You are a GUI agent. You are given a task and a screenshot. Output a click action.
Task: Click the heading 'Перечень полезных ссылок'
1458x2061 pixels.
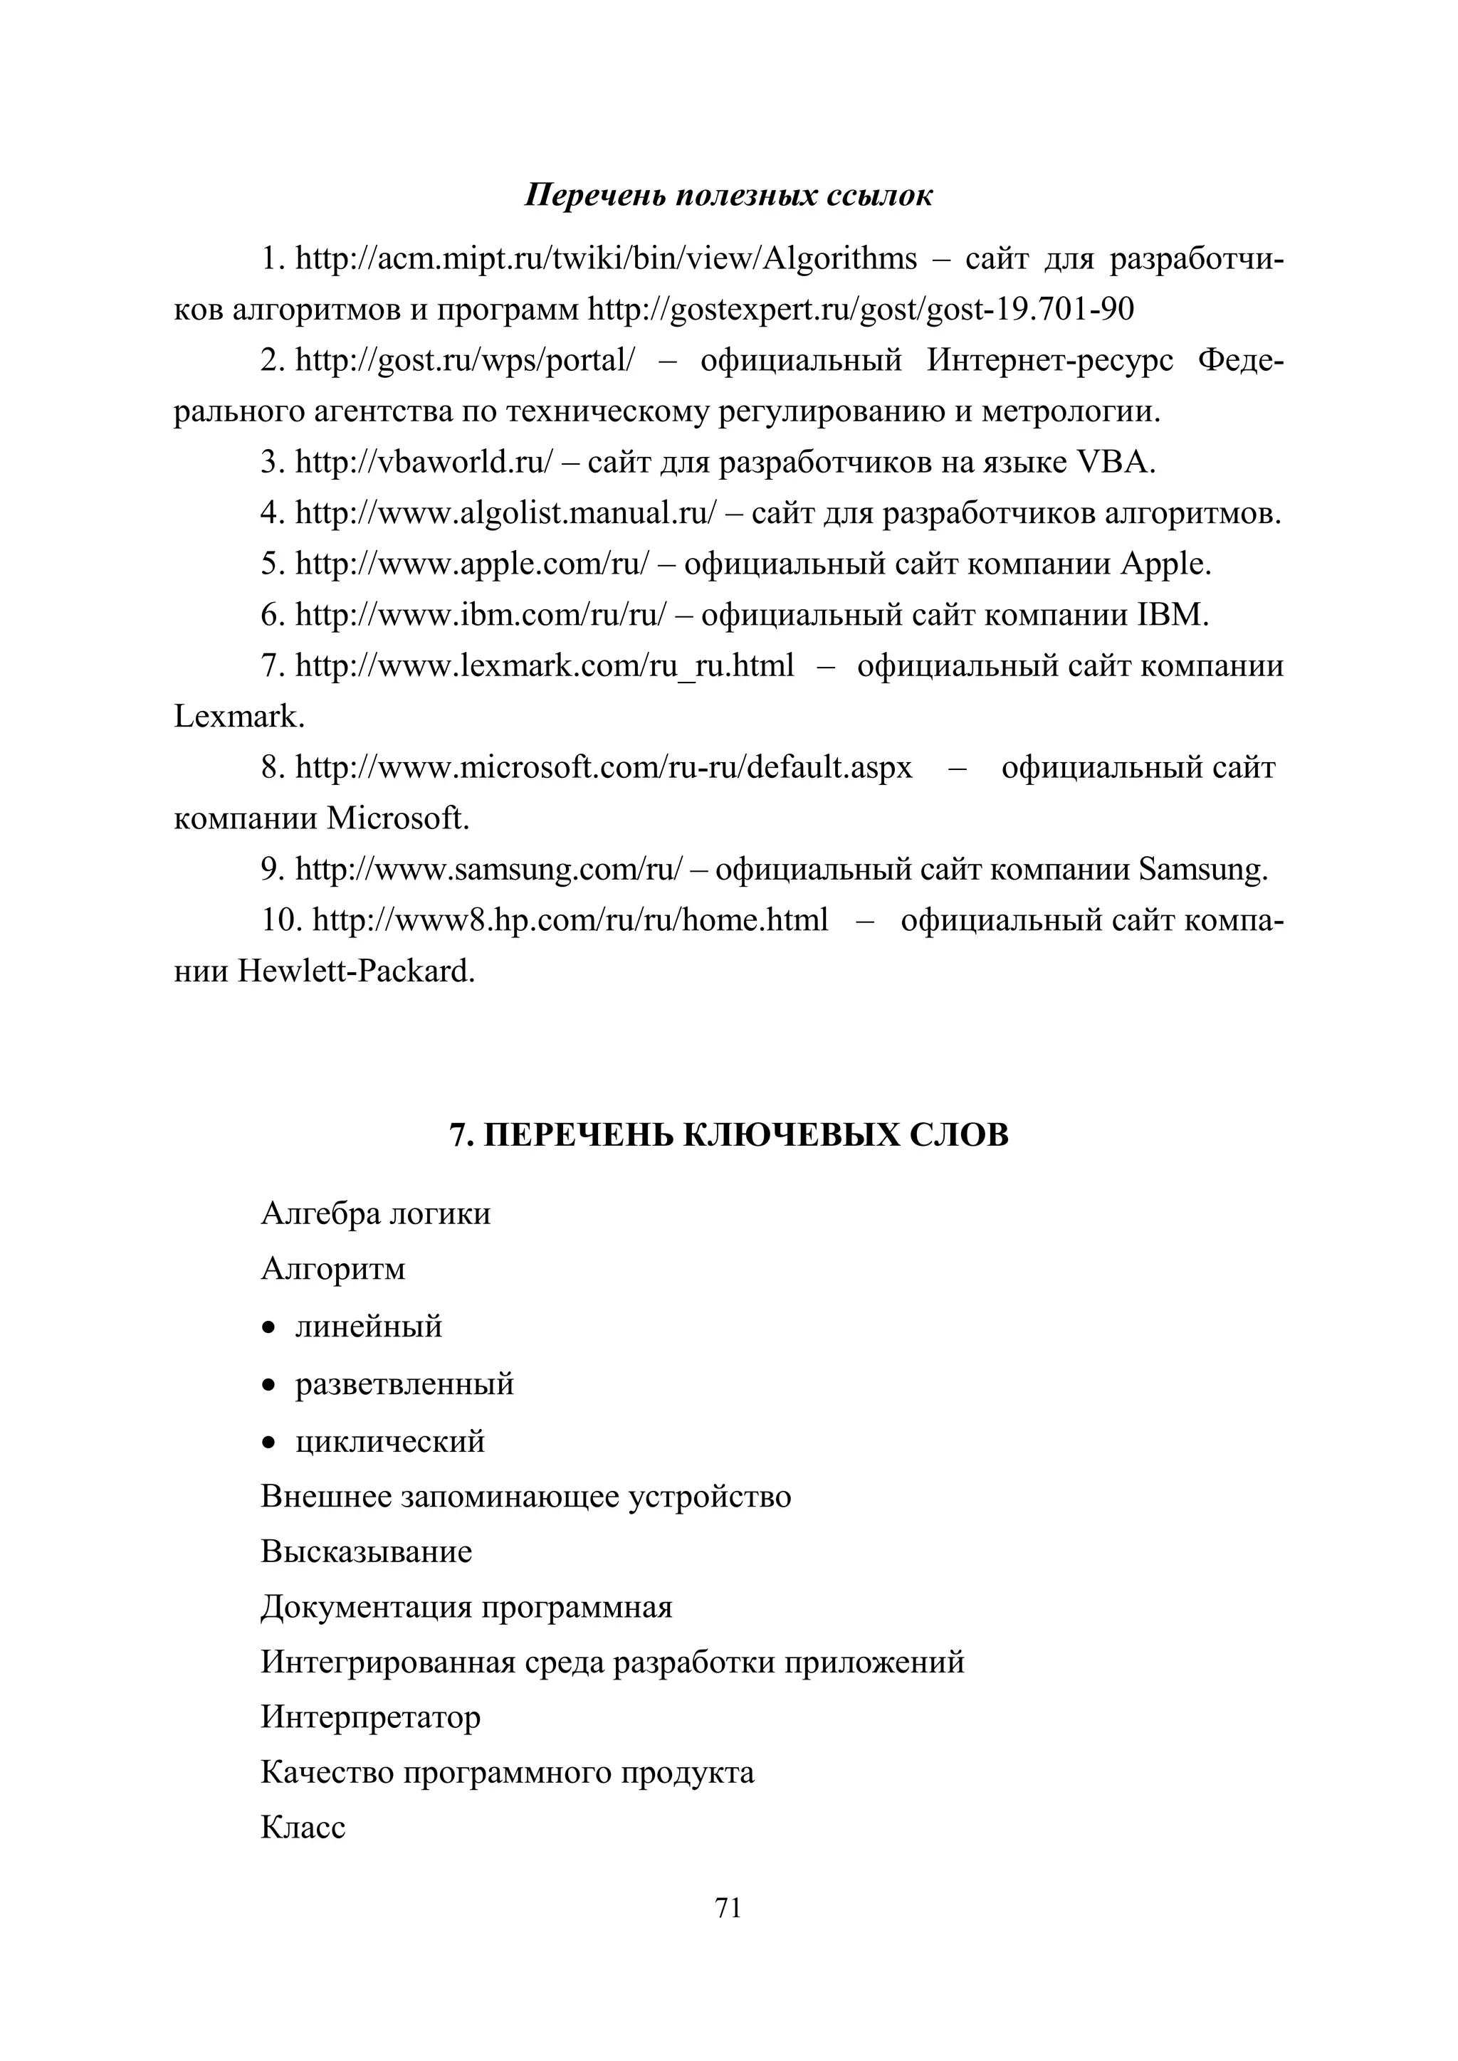click(728, 195)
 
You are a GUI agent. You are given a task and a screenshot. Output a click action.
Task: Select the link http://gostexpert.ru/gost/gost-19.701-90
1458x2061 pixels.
click(861, 310)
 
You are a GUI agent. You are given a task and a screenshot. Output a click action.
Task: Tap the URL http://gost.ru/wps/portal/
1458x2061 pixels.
click(464, 361)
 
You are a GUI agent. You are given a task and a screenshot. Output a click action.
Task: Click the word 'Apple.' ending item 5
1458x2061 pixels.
click(1165, 564)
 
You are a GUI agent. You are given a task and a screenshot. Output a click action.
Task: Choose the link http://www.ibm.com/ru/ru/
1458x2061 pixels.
click(481, 615)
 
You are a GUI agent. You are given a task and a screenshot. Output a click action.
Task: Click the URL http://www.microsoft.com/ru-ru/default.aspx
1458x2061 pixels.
click(603, 767)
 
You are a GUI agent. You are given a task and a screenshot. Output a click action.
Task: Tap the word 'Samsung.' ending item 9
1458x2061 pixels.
click(1203, 869)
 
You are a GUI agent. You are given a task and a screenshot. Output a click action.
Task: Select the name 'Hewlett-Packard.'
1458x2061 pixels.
click(355, 971)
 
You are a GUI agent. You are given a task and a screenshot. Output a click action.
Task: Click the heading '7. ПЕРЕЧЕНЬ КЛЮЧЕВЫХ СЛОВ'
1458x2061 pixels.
click(728, 1136)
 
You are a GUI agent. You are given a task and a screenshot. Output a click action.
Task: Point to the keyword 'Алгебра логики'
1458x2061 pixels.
click(375, 1213)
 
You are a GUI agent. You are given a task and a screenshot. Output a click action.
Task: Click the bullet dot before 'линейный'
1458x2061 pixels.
click(268, 1327)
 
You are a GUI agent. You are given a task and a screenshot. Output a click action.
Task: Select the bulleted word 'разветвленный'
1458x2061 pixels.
click(404, 1383)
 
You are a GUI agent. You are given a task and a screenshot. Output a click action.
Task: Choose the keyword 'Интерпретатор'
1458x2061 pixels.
click(370, 1717)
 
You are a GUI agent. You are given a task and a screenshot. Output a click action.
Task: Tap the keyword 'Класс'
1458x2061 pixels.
click(303, 1827)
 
